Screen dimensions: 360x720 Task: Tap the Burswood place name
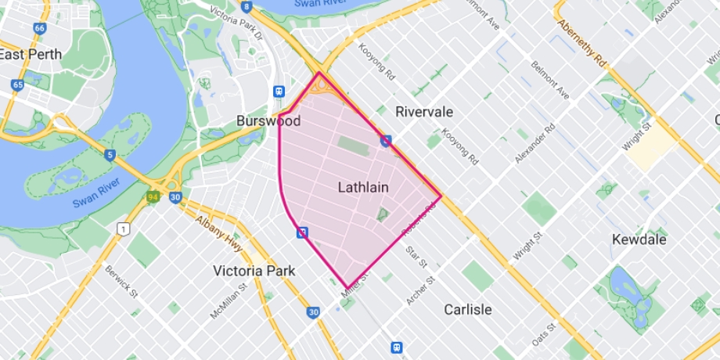[x=268, y=121]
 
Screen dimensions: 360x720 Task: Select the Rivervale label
[x=424, y=112]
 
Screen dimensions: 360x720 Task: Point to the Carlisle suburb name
[x=468, y=309]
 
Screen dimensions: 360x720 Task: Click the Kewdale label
[x=639, y=239]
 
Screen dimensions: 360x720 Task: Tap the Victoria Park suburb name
[x=254, y=271]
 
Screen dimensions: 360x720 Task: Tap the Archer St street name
[x=420, y=290]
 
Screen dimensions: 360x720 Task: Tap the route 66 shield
[x=39, y=28]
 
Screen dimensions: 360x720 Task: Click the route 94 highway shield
[x=153, y=196]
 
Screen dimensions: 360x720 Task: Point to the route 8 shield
[x=247, y=6]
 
